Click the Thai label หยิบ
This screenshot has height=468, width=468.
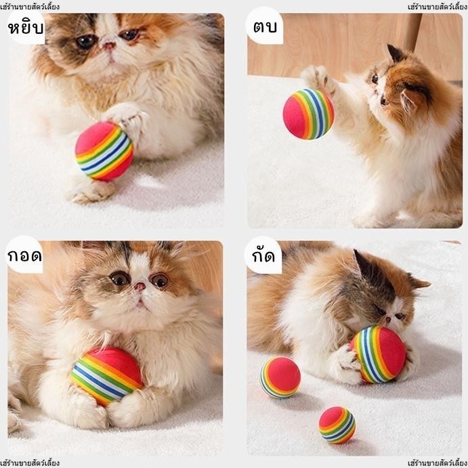click(26, 28)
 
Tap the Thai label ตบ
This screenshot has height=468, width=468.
click(265, 26)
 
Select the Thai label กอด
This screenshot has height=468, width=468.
click(24, 256)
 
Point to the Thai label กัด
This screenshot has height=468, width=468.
click(263, 255)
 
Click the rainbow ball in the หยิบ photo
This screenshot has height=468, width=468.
click(104, 151)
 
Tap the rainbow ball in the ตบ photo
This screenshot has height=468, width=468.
click(308, 114)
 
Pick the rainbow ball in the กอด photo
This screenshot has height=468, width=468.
click(106, 377)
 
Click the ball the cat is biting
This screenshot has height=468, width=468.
click(379, 354)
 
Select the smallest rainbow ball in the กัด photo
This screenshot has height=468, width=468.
click(337, 425)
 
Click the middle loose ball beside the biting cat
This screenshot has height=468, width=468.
click(280, 377)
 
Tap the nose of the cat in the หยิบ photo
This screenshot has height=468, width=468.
click(109, 45)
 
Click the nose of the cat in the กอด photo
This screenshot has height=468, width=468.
click(140, 287)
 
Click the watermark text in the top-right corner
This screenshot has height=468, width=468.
click(438, 7)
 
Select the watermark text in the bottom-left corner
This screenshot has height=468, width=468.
click(30, 463)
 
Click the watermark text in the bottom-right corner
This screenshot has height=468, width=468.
click(438, 463)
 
